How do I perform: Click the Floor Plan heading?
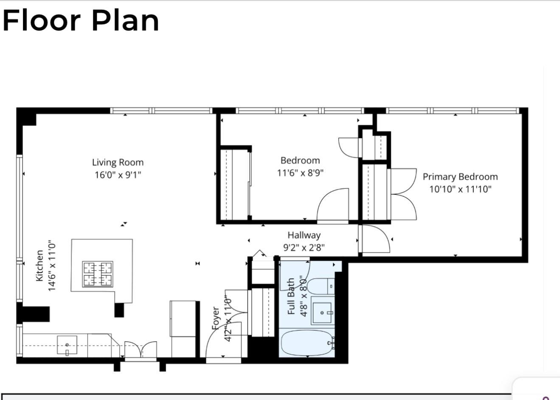click(81, 20)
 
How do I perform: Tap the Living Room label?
click(118, 162)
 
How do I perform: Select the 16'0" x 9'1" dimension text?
click(118, 175)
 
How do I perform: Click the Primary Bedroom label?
click(460, 177)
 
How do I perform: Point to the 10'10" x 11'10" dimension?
click(460, 189)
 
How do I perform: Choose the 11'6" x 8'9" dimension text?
click(300, 173)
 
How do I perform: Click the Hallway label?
click(304, 235)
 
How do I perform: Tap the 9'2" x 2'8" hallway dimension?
click(304, 247)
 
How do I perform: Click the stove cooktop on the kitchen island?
click(98, 274)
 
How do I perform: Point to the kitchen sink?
click(67, 345)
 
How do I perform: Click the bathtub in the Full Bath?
click(307, 343)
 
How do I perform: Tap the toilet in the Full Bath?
click(321, 286)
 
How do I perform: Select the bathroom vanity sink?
click(323, 312)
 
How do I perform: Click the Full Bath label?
click(291, 296)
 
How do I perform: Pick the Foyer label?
click(216, 318)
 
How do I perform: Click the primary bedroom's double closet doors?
click(403, 194)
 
